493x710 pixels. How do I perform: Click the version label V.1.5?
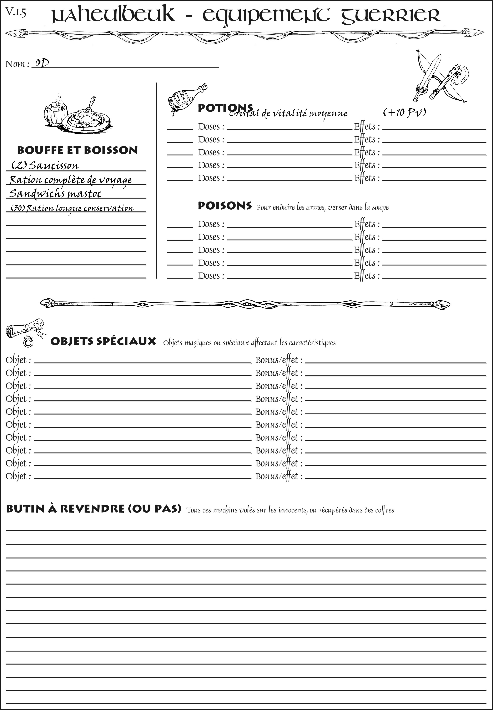click(15, 12)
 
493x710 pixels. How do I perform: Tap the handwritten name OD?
click(42, 63)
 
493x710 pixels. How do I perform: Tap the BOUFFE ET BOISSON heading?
click(77, 150)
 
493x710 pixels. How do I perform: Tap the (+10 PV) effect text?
click(405, 112)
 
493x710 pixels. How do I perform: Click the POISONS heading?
click(225, 206)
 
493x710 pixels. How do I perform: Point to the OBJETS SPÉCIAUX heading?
click(103, 341)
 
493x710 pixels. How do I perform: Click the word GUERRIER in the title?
click(391, 15)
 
